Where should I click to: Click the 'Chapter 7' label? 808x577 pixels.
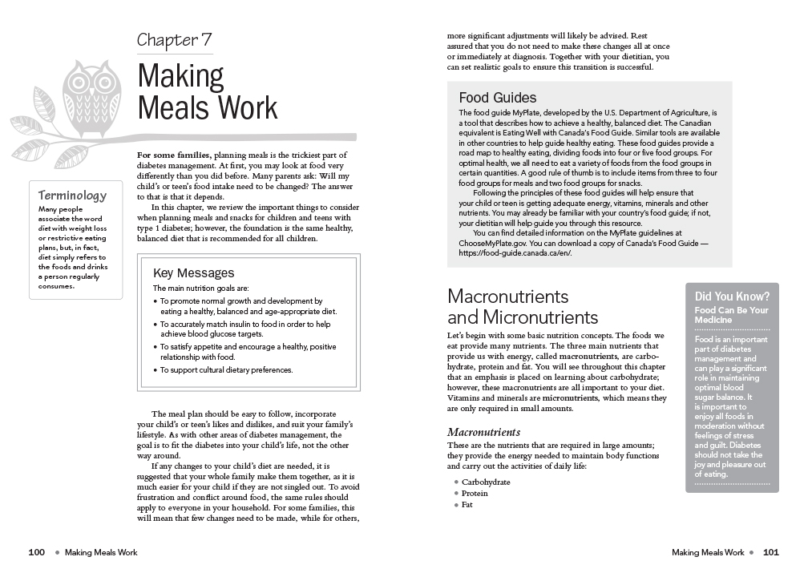tap(174, 40)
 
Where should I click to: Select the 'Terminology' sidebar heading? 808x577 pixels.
tap(72, 195)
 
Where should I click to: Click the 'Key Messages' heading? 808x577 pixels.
tap(193, 273)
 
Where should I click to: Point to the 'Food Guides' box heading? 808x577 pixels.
tap(497, 98)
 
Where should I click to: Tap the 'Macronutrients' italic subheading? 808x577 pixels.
tap(483, 433)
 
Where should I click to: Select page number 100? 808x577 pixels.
tap(36, 551)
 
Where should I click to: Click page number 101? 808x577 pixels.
tap(770, 551)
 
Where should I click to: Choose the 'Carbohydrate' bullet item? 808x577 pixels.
tap(486, 482)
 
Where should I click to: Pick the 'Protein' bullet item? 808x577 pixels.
tap(475, 494)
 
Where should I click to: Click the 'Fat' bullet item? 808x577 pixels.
tap(467, 505)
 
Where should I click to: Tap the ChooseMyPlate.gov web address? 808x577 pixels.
tap(493, 243)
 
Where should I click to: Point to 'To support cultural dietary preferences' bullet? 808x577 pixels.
tap(227, 370)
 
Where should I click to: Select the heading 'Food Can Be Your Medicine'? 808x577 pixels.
tap(731, 315)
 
